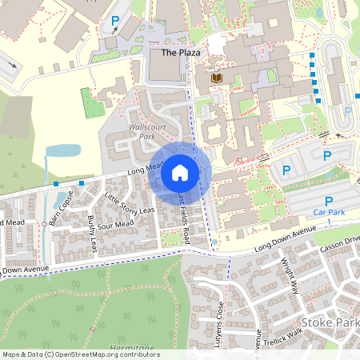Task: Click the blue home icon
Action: (179, 171)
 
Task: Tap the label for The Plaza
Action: (180, 53)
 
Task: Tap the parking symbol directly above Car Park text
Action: (328, 202)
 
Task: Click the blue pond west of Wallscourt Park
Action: (61, 150)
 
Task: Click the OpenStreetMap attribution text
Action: (70, 354)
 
